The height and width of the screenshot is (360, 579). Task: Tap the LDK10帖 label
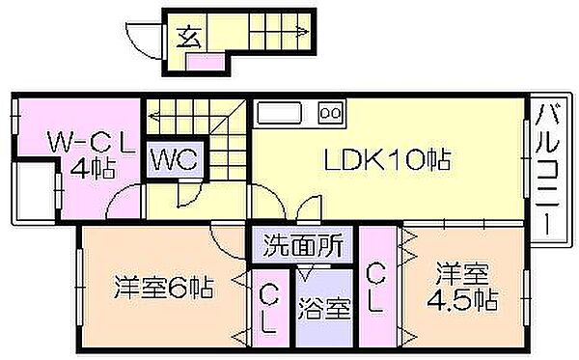[x=388, y=159]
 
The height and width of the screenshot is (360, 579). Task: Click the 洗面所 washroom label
[x=303, y=245]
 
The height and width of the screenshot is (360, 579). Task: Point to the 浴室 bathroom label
[x=324, y=308]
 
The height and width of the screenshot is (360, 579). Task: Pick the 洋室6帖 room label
[x=164, y=288]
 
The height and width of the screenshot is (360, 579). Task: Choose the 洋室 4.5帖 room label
[x=462, y=286]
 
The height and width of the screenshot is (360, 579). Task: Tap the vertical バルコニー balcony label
[x=548, y=169]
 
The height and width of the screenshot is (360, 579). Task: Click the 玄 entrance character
[x=189, y=38]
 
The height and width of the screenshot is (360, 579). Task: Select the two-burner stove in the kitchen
[x=331, y=113]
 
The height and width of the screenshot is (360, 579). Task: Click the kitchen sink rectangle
[x=280, y=113]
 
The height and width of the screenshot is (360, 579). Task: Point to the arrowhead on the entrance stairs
[x=304, y=32]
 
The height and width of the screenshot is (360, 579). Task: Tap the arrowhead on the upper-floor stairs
[x=152, y=116]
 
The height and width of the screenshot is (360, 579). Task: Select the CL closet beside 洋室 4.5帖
[x=377, y=287]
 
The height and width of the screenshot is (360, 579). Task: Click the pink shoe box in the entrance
[x=206, y=62]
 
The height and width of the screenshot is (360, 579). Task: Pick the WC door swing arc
[x=195, y=197]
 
